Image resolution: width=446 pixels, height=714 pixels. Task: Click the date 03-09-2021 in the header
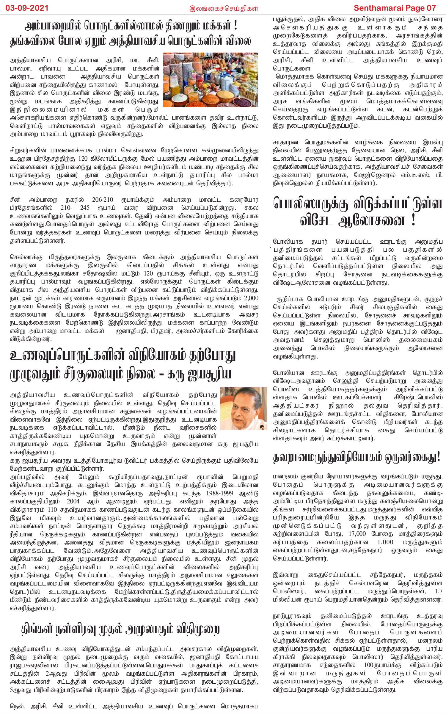(27, 8)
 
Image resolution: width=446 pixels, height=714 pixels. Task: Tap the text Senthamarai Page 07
(395, 8)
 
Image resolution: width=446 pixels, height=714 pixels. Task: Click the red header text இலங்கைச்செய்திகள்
(224, 8)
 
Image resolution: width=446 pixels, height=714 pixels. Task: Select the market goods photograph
(210, 80)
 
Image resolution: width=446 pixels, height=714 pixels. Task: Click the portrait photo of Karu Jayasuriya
(244, 408)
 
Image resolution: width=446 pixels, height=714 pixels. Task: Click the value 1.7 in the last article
(439, 591)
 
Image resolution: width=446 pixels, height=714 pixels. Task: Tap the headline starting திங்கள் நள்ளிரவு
(120, 630)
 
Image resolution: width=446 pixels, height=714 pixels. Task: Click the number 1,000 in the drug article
(385, 542)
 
